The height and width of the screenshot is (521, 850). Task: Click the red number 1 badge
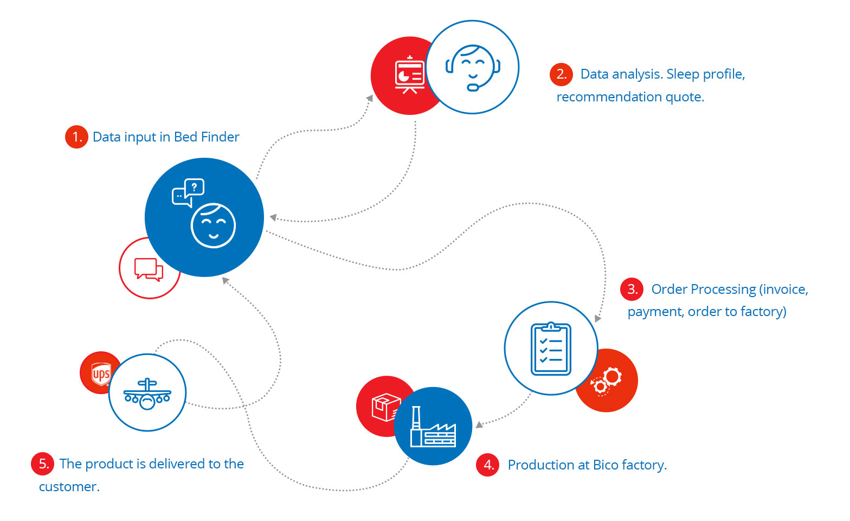click(x=76, y=137)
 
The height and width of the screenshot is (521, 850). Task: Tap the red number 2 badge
click(x=561, y=74)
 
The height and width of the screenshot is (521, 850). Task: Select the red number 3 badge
click(x=632, y=289)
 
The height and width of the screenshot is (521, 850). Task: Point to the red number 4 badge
click(x=487, y=465)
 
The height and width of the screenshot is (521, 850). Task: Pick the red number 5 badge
click(x=43, y=464)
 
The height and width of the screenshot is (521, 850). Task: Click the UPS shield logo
click(x=101, y=374)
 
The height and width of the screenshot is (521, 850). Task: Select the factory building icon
click(x=432, y=428)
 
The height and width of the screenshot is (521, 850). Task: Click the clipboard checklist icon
click(x=551, y=349)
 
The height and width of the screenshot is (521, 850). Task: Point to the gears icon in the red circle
click(x=606, y=381)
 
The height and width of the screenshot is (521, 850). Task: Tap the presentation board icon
click(x=409, y=75)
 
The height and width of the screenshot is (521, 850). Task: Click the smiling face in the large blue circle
click(x=213, y=226)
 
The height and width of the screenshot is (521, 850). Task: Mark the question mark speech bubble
click(x=194, y=188)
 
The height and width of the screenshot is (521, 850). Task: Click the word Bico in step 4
click(x=606, y=465)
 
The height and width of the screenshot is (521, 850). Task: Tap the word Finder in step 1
click(x=220, y=137)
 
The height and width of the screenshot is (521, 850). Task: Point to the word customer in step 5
click(x=69, y=487)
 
